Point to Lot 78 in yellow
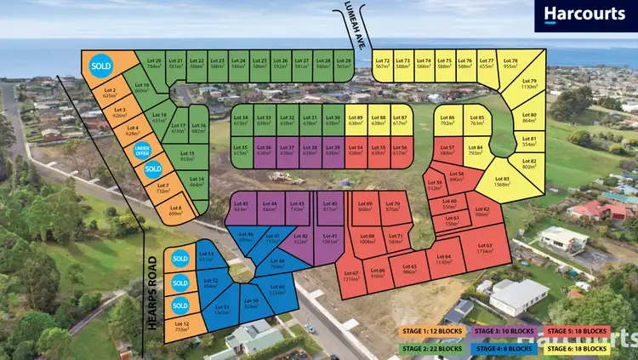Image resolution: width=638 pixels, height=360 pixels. click(510, 64)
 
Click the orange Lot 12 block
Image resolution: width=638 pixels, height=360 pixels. click(182, 327)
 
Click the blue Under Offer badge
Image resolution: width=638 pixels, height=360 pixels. click(143, 151)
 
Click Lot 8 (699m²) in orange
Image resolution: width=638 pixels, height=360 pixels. click(175, 209)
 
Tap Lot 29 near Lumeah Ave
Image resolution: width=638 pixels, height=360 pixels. click(343, 65)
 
